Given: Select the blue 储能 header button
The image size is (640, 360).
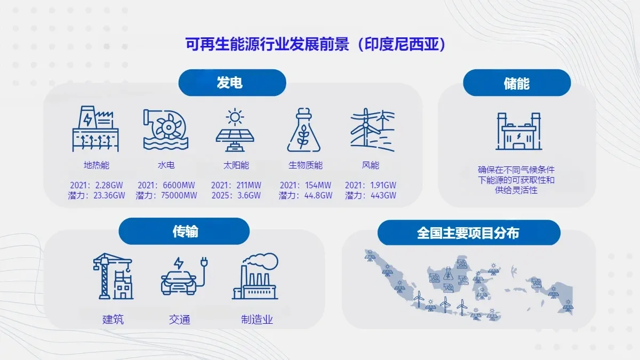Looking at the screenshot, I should [x=516, y=83].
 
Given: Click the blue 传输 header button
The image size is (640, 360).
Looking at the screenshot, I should [x=184, y=231].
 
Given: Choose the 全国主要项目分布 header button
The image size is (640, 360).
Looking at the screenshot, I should [x=468, y=233].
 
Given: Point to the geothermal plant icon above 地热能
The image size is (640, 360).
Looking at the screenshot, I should [x=97, y=129].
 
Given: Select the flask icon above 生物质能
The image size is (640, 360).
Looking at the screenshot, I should [x=305, y=130].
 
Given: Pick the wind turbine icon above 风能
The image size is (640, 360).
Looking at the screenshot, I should [x=372, y=129].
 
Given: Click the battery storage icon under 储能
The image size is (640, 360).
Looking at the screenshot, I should [x=516, y=132].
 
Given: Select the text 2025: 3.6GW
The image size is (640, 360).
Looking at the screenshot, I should [x=236, y=196].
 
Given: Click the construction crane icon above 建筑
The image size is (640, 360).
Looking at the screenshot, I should [x=113, y=277].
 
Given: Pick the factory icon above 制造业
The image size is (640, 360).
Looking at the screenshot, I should [x=255, y=276].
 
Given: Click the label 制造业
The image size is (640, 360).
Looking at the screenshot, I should [x=257, y=320].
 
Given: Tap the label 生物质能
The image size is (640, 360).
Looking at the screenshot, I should [x=306, y=165].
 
